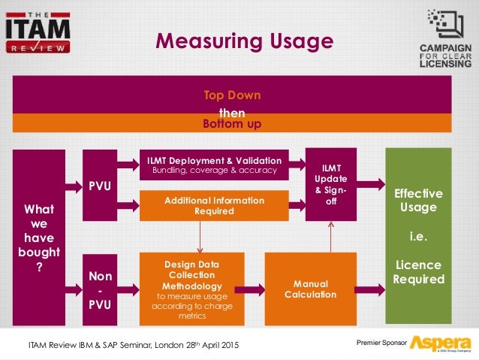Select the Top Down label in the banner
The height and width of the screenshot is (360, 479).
232,96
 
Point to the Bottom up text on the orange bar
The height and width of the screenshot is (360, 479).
232,124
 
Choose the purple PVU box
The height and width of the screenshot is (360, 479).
101,185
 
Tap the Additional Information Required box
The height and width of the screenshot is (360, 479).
214,206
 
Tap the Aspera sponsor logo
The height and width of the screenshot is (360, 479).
439,343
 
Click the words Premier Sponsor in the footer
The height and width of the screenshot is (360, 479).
380,343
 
